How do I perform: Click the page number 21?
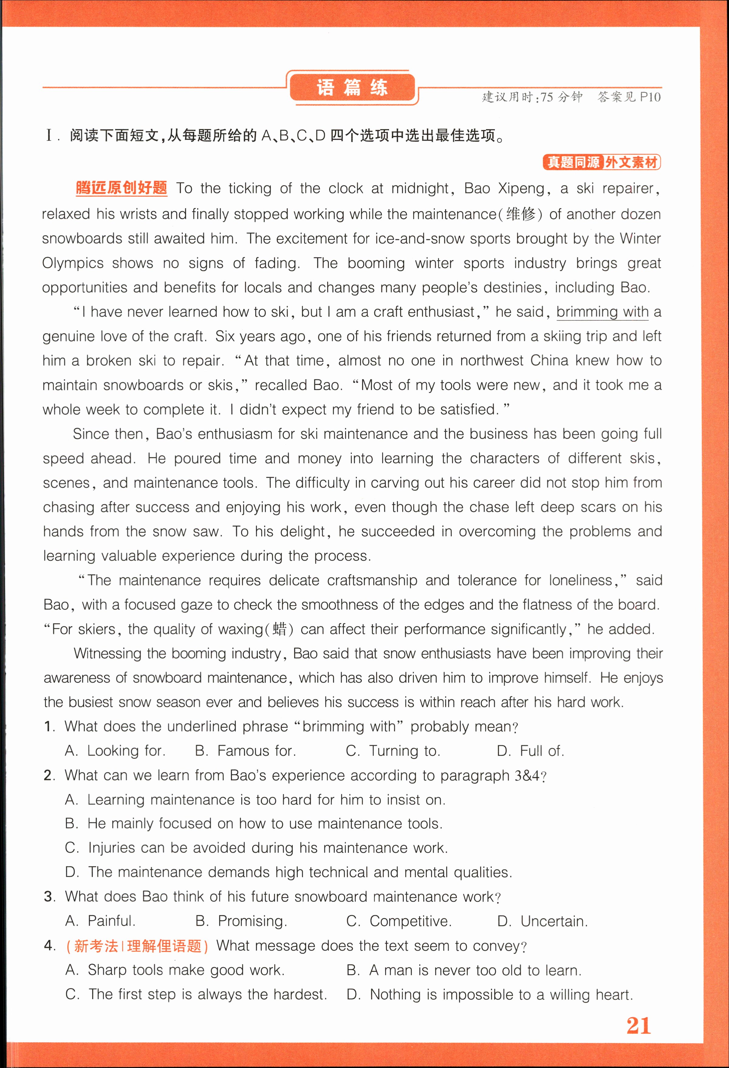[x=638, y=1026]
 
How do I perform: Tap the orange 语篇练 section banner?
[x=352, y=87]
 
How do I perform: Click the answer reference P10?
[x=650, y=97]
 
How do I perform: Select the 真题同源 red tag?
[x=573, y=162]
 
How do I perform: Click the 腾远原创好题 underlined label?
[x=121, y=188]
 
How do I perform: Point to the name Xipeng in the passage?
[x=521, y=188]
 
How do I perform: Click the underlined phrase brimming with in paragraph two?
[x=602, y=312]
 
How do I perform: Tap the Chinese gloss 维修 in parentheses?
[x=521, y=214]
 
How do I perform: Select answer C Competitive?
[x=399, y=921]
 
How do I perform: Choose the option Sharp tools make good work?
[x=175, y=970]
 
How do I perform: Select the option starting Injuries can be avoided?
[x=256, y=848]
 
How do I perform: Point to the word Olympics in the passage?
[x=73, y=263]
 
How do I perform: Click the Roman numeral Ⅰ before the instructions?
[x=50, y=135]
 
